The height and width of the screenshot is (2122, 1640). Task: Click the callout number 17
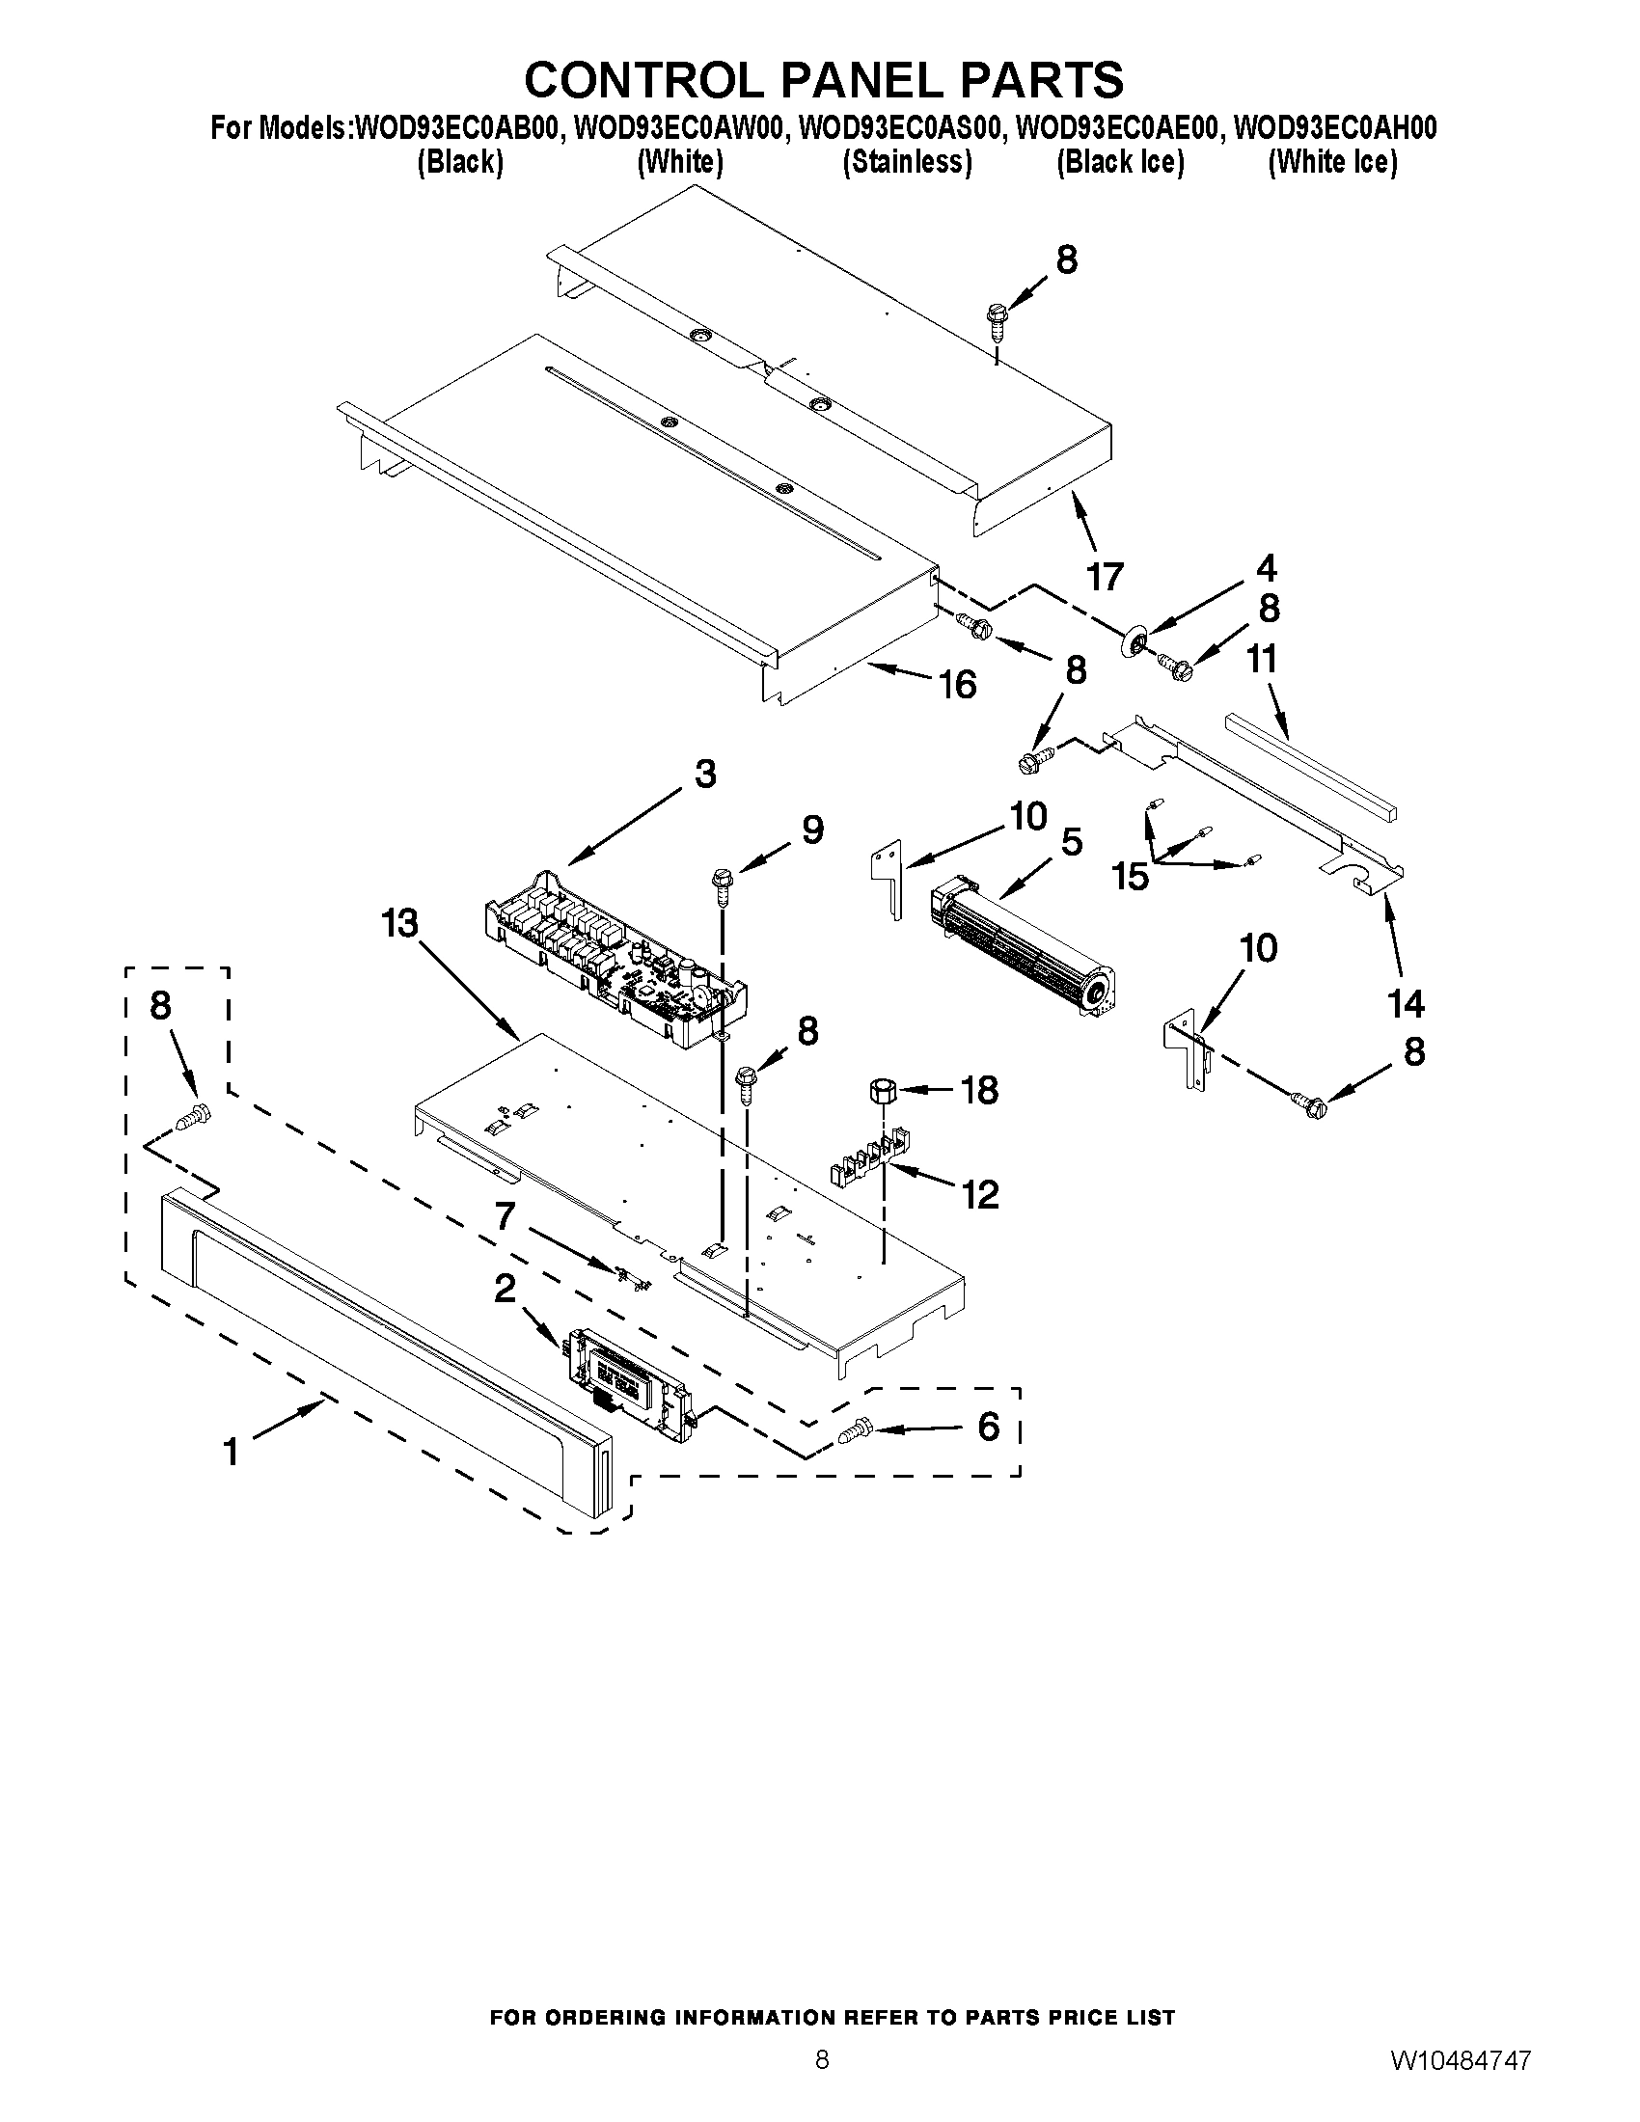click(1105, 577)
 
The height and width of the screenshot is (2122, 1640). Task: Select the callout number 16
click(957, 685)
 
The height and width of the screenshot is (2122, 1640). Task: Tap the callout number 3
click(705, 775)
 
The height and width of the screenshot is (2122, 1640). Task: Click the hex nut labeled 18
click(881, 1090)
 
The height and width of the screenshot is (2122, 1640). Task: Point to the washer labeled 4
click(1133, 641)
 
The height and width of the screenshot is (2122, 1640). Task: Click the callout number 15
click(1131, 877)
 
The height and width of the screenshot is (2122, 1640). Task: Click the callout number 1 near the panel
click(231, 1452)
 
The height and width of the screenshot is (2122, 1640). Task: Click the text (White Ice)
click(1332, 162)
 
